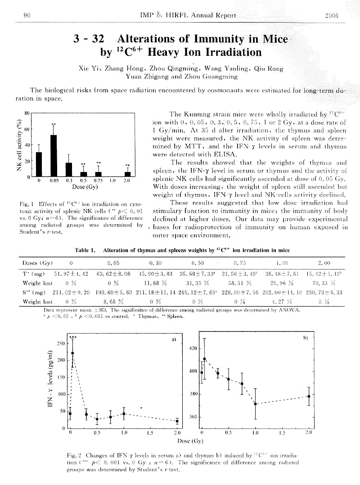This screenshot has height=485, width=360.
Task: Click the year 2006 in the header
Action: pos(331,16)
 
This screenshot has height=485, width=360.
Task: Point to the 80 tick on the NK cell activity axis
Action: pos(27,113)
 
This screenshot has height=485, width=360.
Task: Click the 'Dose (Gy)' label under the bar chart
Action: pos(85,186)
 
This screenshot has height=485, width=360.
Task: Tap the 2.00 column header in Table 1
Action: pos(324,262)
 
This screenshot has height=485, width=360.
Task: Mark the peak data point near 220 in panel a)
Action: pos(73,353)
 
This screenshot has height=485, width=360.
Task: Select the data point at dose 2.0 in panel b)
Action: pos(308,396)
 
